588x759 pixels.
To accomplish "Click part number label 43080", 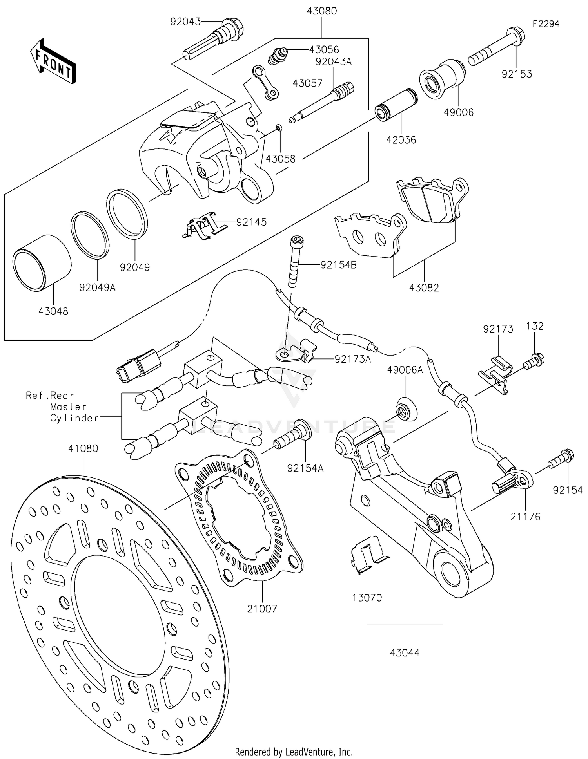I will [x=321, y=11].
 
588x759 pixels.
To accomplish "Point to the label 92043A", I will [x=334, y=61].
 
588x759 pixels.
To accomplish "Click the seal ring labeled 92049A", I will [x=89, y=235].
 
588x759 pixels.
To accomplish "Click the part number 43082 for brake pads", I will [x=424, y=288].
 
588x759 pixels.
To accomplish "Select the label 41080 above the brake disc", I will [x=83, y=448].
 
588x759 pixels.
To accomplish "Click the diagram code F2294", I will [x=546, y=24].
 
